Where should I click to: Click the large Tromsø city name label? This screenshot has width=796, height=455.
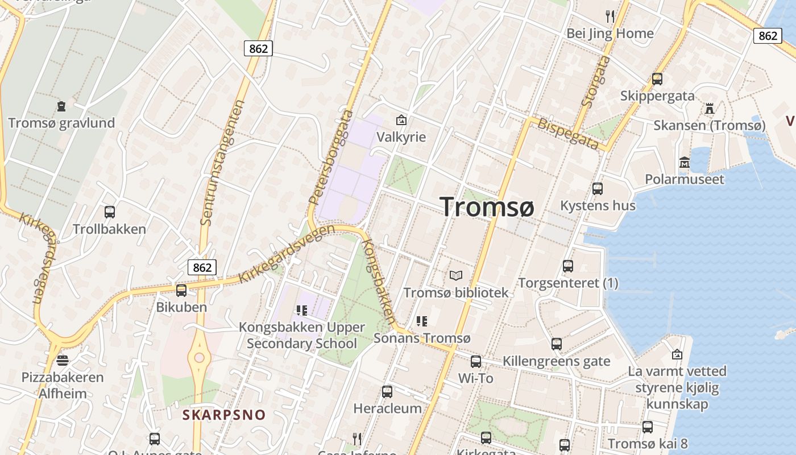(487, 206)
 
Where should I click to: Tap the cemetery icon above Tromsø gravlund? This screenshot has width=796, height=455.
(61, 106)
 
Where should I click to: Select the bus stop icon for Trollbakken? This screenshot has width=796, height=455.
(110, 212)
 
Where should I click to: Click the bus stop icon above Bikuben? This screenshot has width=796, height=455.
(181, 291)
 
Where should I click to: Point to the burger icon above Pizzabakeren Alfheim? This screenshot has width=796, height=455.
(63, 361)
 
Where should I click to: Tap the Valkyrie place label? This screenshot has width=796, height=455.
(401, 137)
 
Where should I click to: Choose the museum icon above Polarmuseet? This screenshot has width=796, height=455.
(685, 163)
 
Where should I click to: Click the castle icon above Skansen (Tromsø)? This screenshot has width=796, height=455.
(709, 108)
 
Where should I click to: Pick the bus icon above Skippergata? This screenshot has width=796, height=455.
(657, 79)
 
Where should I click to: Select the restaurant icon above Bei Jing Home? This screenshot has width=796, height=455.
(610, 16)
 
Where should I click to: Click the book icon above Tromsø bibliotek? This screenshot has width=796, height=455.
(456, 276)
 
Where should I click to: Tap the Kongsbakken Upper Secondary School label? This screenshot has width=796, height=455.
(302, 336)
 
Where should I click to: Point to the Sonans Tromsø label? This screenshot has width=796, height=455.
(422, 338)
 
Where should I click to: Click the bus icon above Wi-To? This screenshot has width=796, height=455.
(476, 361)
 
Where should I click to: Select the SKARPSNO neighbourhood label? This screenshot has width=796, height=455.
(224, 415)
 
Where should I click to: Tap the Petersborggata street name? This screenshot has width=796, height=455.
(330, 158)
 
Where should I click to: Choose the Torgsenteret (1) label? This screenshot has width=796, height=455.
(568, 283)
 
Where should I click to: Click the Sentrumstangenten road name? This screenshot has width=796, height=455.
(222, 162)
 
